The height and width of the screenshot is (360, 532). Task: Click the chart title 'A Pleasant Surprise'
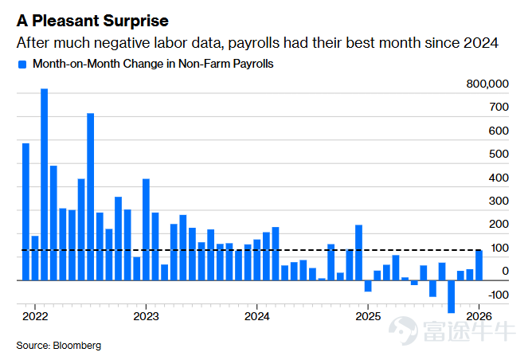pyautogui.click(x=92, y=21)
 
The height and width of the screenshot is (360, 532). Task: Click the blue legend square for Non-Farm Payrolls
pyautogui.click(x=22, y=65)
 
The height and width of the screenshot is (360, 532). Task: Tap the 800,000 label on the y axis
pyautogui.click(x=487, y=84)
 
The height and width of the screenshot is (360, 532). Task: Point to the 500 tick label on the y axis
pyautogui.click(x=499, y=154)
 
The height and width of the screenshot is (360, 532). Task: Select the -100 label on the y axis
pyautogui.click(x=498, y=295)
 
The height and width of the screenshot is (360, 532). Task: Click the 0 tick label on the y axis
pyautogui.click(x=505, y=271)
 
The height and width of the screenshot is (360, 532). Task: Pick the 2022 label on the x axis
pyautogui.click(x=35, y=316)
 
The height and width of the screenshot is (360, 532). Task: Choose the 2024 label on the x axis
pyautogui.click(x=256, y=316)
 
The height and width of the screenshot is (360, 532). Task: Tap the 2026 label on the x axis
pyautogui.click(x=479, y=316)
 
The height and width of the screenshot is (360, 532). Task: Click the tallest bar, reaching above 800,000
pyautogui.click(x=44, y=185)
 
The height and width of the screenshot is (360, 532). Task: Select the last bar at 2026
pyautogui.click(x=479, y=265)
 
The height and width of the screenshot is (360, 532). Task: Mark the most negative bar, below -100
pyautogui.click(x=451, y=296)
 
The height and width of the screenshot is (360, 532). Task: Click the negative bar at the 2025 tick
pyautogui.click(x=368, y=286)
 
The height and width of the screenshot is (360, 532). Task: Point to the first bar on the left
pyautogui.click(x=25, y=212)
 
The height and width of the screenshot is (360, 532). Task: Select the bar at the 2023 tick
pyautogui.click(x=146, y=229)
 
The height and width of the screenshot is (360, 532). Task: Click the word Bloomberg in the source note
pyautogui.click(x=77, y=346)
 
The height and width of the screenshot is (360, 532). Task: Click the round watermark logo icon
pyautogui.click(x=403, y=331)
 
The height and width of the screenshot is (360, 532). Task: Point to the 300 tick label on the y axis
pyautogui.click(x=499, y=201)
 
